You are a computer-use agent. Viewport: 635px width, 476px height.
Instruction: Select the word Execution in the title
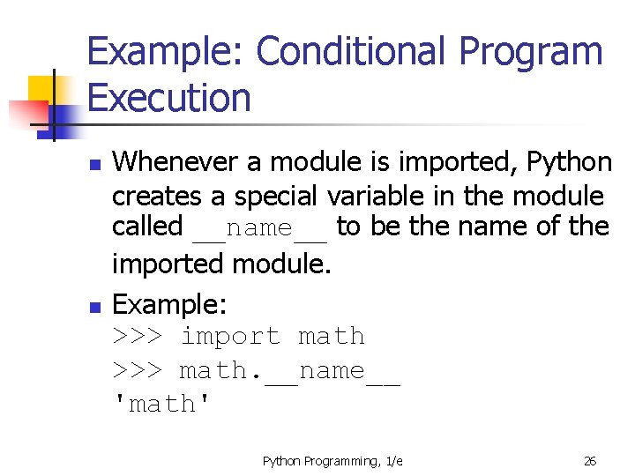click(169, 97)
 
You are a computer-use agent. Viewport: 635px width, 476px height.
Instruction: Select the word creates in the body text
click(153, 195)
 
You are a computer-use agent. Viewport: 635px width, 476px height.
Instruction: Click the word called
click(147, 227)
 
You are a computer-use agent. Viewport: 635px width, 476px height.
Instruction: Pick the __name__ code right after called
click(259, 228)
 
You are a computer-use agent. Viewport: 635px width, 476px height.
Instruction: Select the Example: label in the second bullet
click(170, 305)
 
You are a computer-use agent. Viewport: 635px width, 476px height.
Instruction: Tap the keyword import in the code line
click(229, 337)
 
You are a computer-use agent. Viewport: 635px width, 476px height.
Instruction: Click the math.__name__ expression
click(289, 371)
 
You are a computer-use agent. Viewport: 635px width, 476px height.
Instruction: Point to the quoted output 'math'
click(162, 405)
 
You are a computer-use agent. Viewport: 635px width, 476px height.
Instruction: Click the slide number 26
click(590, 461)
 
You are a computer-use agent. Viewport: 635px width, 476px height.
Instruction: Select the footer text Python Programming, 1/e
click(332, 461)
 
